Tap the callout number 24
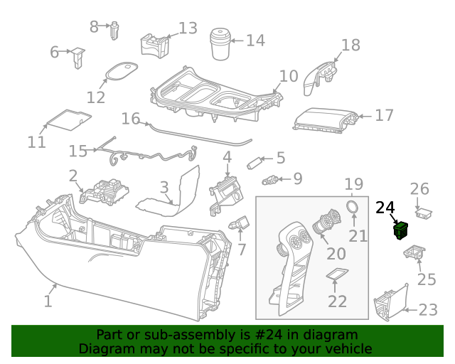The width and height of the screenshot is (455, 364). (x=385, y=208)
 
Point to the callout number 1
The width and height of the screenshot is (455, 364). (x=48, y=301)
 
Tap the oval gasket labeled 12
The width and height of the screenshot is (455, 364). (x=119, y=71)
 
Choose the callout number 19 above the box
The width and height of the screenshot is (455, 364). (x=354, y=185)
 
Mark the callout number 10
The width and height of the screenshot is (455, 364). (x=288, y=76)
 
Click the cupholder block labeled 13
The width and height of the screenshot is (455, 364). (x=156, y=44)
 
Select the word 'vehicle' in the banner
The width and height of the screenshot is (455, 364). (x=348, y=349)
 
